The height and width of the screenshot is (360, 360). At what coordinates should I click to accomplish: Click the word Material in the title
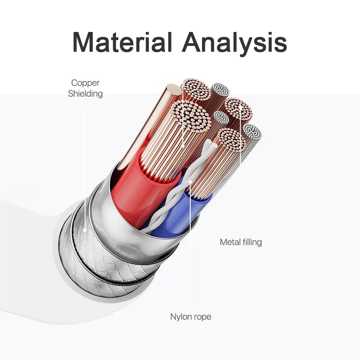click(x=122, y=42)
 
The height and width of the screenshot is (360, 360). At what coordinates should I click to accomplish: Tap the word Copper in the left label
click(x=85, y=83)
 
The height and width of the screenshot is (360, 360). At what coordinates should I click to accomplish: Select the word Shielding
click(x=85, y=94)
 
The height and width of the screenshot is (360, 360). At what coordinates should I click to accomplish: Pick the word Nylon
click(x=180, y=317)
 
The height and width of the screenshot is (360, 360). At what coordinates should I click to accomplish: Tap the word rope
click(x=201, y=317)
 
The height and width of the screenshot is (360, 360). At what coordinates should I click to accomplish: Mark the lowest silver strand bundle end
click(x=252, y=132)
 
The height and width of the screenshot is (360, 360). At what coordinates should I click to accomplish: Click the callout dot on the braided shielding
click(x=85, y=229)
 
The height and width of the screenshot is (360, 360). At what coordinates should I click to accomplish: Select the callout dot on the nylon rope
click(x=190, y=182)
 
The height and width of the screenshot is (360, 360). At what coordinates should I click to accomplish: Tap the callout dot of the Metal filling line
click(x=240, y=107)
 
